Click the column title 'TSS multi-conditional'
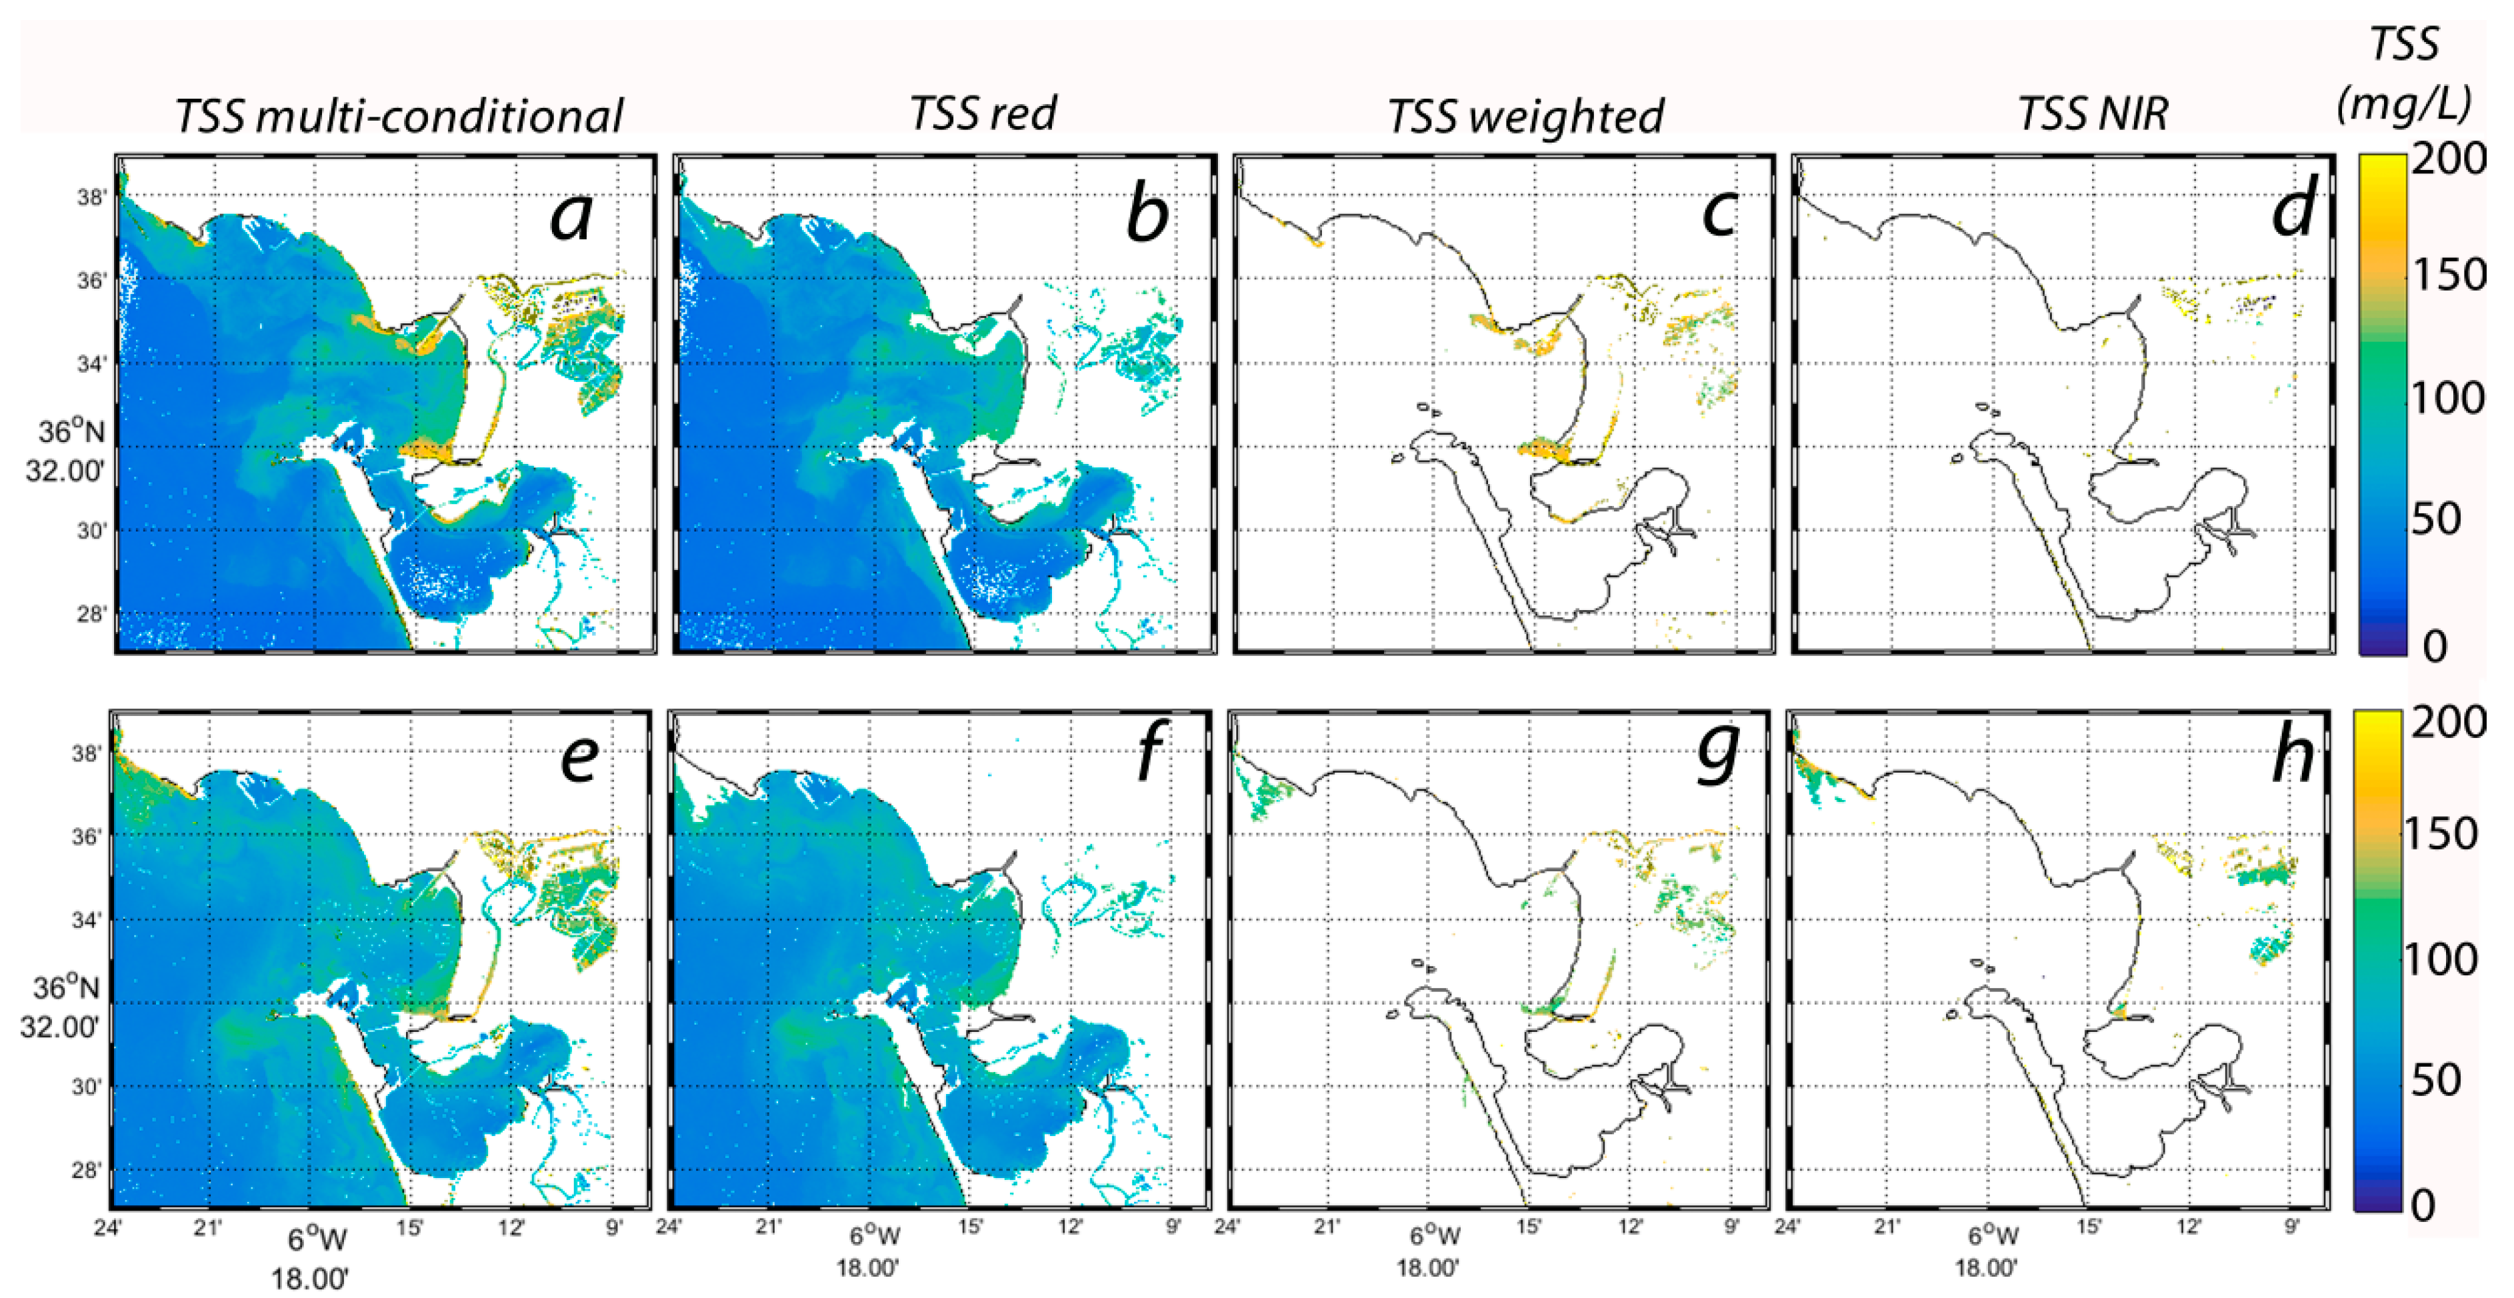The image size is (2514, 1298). tap(398, 115)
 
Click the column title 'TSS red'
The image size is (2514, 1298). tap(983, 113)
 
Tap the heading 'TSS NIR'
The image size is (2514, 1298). tap(2093, 114)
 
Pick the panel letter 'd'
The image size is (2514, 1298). tap(2293, 211)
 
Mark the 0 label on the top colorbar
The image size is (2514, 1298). tap(2434, 646)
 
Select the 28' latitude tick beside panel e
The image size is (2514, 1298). tap(86, 1170)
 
